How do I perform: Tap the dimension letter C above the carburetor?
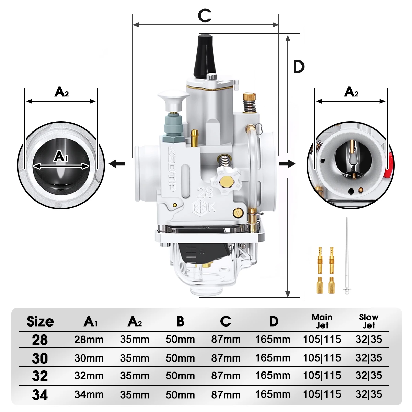pyautogui.click(x=205, y=15)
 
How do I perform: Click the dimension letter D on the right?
pyautogui.click(x=299, y=67)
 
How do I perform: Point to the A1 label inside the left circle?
pyautogui.click(x=61, y=157)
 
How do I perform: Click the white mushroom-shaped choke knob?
pyautogui.click(x=171, y=98)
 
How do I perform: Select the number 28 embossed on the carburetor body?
pyautogui.click(x=205, y=193)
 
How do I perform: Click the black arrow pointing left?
pyautogui.click(x=117, y=164)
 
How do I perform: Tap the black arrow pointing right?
pyautogui.click(x=287, y=164)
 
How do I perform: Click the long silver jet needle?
pyautogui.click(x=347, y=254)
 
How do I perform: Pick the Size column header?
pyautogui.click(x=40, y=322)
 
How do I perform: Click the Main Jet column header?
pyautogui.click(x=322, y=321)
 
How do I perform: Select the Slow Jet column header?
pyautogui.click(x=369, y=321)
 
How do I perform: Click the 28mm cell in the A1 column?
pyautogui.click(x=89, y=340)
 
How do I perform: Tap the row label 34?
pyautogui.click(x=40, y=395)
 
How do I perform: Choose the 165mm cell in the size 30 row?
pyautogui.click(x=273, y=358)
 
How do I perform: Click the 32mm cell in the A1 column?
pyautogui.click(x=89, y=376)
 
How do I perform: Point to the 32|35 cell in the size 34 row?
pyautogui.click(x=369, y=394)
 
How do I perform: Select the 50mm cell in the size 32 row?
pyautogui.click(x=180, y=376)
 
